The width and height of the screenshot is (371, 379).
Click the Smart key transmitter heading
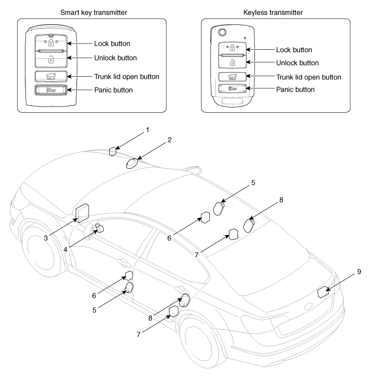point(93,11)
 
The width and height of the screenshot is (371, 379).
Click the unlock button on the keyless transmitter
point(232,62)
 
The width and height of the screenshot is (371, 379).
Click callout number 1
point(147,129)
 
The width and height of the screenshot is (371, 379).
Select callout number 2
point(170,140)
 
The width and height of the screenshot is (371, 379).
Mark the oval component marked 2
point(134,161)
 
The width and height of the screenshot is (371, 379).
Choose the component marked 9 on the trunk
point(322,291)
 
